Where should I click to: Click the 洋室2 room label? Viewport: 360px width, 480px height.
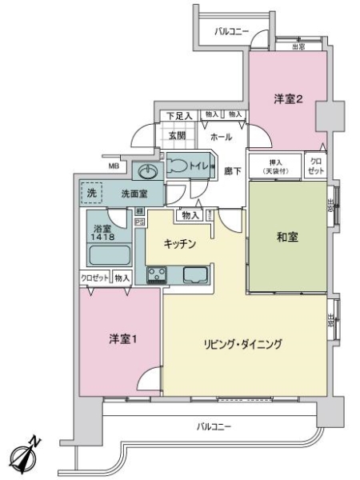(287, 99)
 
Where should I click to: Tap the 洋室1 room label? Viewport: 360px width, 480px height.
(123, 339)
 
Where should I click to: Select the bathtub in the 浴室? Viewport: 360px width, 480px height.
(107, 258)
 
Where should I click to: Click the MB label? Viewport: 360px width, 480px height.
(114, 166)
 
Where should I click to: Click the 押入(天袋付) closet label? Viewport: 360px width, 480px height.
(274, 166)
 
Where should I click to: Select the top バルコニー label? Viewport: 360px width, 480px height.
(232, 31)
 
